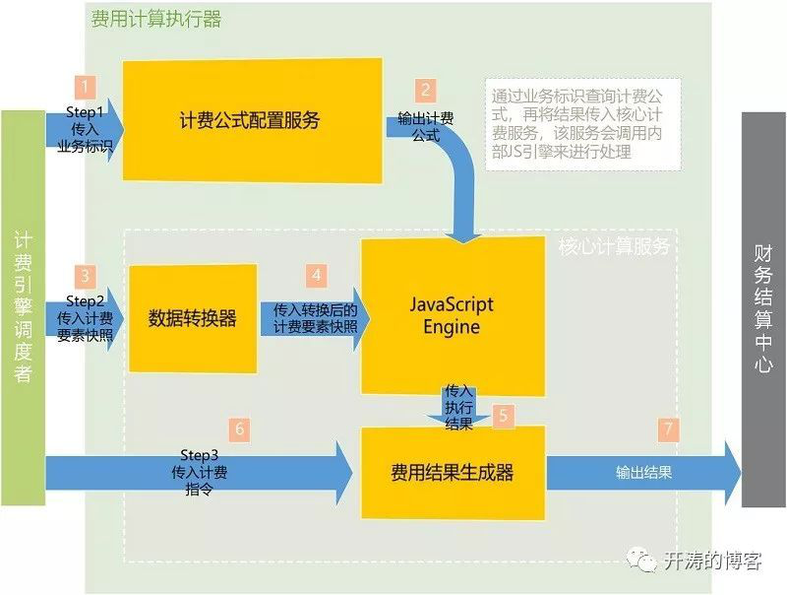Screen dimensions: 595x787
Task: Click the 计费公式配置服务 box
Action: click(251, 120)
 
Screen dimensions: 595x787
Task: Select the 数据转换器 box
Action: click(193, 318)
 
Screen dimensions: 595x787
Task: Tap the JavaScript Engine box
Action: click(452, 315)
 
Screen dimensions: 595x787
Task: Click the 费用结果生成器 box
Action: click(452, 472)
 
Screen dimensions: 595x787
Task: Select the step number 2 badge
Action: click(425, 91)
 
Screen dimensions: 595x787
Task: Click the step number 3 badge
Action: click(87, 277)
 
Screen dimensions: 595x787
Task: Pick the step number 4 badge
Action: click(317, 275)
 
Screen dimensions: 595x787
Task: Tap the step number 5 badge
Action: click(503, 416)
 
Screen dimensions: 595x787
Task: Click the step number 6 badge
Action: click(238, 429)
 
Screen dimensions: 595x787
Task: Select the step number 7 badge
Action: click(669, 429)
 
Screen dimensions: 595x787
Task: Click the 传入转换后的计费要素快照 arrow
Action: click(310, 316)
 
